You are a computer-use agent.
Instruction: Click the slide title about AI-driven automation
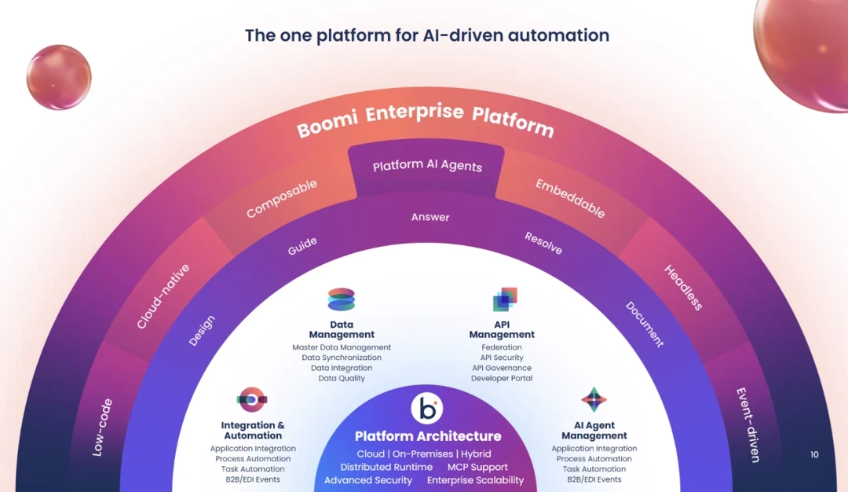(426, 35)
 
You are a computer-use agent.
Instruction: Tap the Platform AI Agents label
(427, 166)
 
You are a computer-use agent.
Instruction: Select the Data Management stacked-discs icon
(342, 299)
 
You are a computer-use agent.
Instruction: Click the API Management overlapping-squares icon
(505, 299)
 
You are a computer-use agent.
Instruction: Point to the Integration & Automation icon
(252, 399)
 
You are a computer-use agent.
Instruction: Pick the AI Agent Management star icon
(594, 399)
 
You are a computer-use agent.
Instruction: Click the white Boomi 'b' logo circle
(426, 409)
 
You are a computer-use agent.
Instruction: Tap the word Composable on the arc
(282, 198)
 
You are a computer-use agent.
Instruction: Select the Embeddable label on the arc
(571, 198)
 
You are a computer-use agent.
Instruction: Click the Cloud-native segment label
(163, 296)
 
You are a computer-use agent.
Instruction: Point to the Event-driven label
(748, 424)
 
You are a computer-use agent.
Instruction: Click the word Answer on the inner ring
(430, 217)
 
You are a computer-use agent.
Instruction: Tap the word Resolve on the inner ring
(543, 243)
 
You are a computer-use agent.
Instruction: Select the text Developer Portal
(502, 378)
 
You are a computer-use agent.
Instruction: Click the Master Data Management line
(342, 347)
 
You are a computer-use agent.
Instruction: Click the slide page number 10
(814, 454)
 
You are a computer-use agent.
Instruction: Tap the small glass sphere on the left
(59, 77)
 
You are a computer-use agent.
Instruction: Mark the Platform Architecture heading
(428, 436)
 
